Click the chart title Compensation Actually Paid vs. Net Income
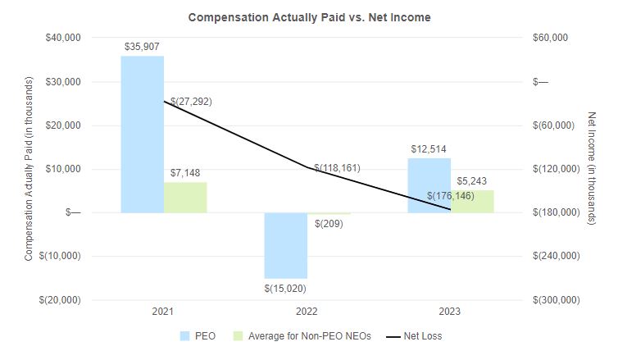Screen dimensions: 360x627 [x=309, y=16]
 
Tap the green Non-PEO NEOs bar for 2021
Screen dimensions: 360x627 [x=185, y=197]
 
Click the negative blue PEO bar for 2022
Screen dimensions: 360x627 [x=285, y=245]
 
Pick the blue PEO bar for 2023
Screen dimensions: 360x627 [x=429, y=185]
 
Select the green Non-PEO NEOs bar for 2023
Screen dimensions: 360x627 [x=472, y=201]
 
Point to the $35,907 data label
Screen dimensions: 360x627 [x=142, y=47]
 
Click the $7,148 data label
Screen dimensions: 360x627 [x=184, y=173]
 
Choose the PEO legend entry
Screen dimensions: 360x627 [x=201, y=335]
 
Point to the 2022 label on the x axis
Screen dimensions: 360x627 [x=307, y=312]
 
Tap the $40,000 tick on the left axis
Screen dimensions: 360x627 [x=61, y=38]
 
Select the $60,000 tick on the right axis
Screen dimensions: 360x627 [x=551, y=38]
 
